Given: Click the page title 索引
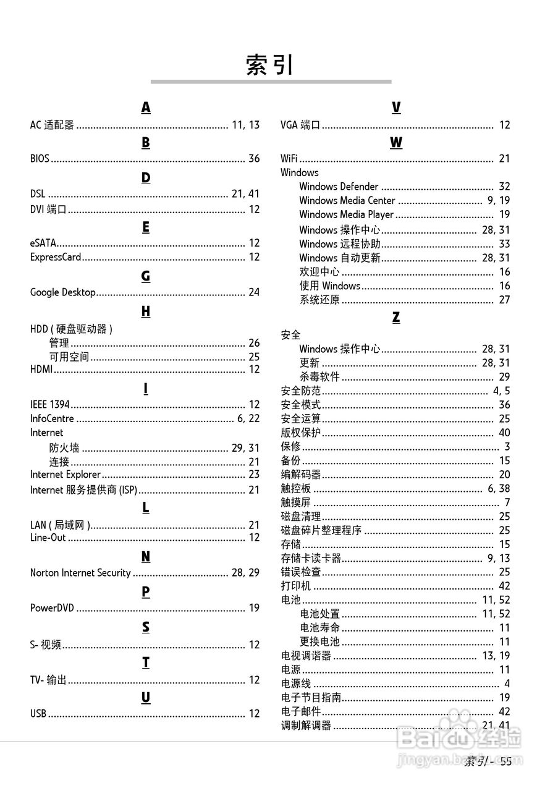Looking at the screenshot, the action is (x=270, y=65).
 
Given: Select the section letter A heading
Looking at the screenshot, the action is (x=146, y=108).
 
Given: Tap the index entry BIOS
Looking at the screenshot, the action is (x=40, y=159).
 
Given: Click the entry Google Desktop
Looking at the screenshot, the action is (x=63, y=292).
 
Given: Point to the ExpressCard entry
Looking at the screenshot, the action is (x=56, y=257).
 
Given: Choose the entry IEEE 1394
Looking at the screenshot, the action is (x=50, y=405).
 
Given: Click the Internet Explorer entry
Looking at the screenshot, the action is (x=66, y=475).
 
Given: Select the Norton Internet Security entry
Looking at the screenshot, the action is (x=80, y=573).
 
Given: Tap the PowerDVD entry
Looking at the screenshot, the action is (x=52, y=608).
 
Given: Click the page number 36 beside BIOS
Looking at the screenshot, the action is (x=254, y=159).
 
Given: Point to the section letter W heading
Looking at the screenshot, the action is (x=396, y=143).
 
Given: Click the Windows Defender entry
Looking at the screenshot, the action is (x=339, y=187).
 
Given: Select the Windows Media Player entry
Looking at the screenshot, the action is (x=346, y=214).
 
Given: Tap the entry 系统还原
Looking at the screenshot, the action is (x=319, y=300).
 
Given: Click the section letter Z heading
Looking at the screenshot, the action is (x=396, y=318).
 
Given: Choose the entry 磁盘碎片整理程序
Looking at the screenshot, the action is (x=321, y=530).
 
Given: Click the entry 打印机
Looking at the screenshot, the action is (x=296, y=586).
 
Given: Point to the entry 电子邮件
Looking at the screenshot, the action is (x=301, y=712).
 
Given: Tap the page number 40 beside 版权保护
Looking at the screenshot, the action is (x=504, y=433).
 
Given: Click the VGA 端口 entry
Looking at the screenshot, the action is (x=300, y=125).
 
